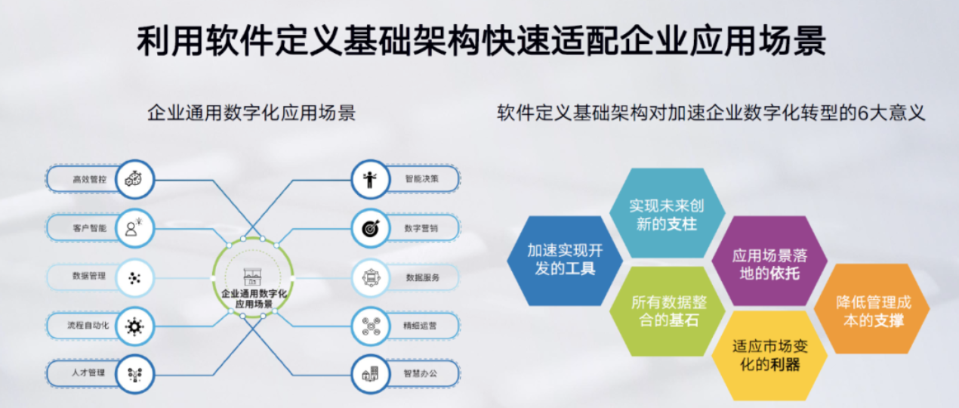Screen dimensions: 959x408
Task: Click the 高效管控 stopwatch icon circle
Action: click(134, 179)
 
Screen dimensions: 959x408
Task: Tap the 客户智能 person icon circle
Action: click(134, 228)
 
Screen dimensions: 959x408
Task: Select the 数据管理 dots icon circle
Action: click(134, 278)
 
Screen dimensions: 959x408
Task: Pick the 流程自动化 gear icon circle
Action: click(134, 326)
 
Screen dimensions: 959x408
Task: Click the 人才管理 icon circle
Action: click(134, 375)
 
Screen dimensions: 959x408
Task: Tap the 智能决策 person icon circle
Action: click(370, 179)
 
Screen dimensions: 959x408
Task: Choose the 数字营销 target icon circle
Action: click(370, 228)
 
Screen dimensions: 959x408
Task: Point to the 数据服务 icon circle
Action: click(370, 278)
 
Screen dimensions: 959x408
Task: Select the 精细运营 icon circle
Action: click(370, 326)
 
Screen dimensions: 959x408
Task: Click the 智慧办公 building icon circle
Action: click(370, 375)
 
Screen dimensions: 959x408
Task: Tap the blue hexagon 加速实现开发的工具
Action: click(565, 261)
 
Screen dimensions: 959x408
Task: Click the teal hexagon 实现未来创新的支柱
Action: click(667, 213)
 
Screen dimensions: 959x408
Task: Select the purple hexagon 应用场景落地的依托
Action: click(769, 261)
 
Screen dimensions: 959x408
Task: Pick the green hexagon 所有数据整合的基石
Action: click(667, 311)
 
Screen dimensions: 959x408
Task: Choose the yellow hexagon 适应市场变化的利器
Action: click(769, 356)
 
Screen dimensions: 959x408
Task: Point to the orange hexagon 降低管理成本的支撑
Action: click(872, 308)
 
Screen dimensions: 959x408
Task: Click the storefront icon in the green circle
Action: click(252, 277)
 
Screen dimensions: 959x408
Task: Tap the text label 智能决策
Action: click(421, 179)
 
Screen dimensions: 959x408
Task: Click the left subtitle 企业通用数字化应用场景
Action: click(251, 113)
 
